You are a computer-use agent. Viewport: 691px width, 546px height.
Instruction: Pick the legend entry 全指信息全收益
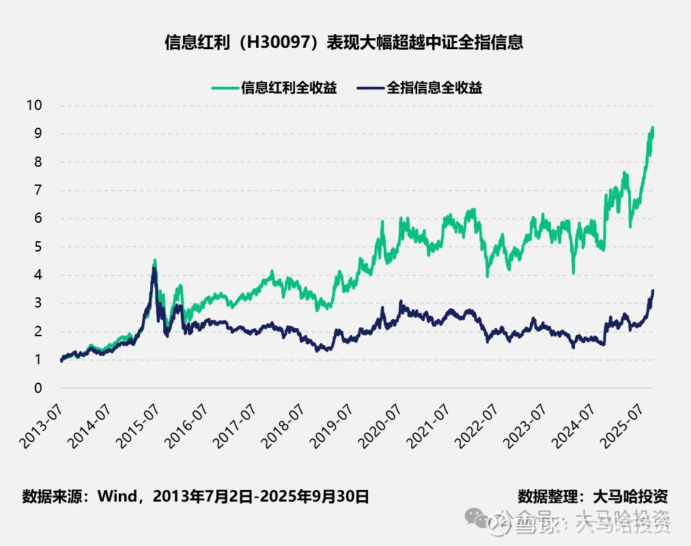pos(434,87)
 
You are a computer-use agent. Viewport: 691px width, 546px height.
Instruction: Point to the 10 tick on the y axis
pos(34,105)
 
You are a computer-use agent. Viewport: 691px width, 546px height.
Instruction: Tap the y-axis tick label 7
pos(38,190)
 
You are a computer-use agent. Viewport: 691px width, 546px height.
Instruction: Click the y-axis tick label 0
pos(38,388)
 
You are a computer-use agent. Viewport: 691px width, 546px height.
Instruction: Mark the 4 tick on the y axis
pos(38,275)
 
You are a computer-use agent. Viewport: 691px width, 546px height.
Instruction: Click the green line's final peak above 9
pos(652,128)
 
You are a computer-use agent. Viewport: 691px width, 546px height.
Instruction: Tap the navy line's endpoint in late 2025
pos(653,291)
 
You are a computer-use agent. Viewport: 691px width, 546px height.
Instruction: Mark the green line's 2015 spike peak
pos(155,260)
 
